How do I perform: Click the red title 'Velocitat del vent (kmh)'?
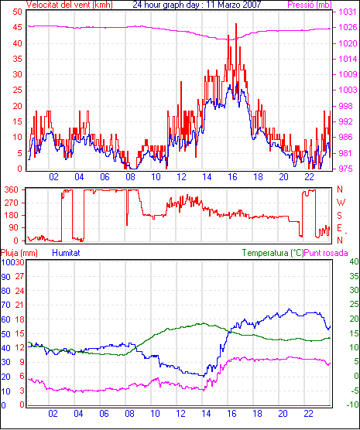tap(70, 5)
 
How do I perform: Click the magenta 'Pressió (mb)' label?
tap(310, 5)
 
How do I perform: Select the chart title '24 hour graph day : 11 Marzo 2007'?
tap(197, 5)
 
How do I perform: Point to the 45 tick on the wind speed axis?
tap(17, 27)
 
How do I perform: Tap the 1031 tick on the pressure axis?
tap(348, 12)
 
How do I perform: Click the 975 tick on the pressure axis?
tap(348, 169)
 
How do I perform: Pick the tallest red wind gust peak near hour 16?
tap(236, 24)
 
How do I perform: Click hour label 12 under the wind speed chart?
tap(181, 177)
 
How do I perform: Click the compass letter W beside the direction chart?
tap(341, 203)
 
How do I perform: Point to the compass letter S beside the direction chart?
tap(340, 216)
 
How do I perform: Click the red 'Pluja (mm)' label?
tap(19, 253)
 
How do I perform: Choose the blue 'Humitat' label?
tap(66, 253)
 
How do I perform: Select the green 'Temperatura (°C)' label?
tap(273, 253)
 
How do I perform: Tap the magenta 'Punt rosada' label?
tap(326, 253)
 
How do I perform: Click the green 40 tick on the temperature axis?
tap(355, 261)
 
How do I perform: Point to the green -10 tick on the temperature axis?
tap(353, 404)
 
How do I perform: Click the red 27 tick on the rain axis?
tap(20, 276)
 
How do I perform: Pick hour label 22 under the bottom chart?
tap(309, 413)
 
